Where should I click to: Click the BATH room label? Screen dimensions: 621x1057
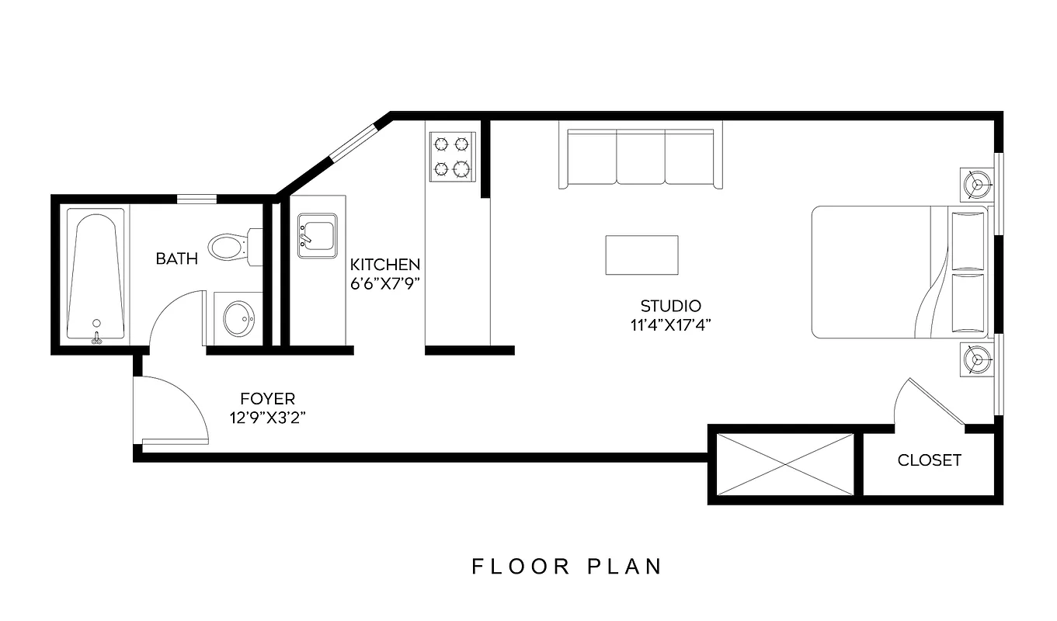coord(176,258)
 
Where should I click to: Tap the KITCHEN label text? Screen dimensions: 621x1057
coord(385,265)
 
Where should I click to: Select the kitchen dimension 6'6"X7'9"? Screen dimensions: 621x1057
coord(385,283)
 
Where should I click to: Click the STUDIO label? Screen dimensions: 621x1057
coord(670,306)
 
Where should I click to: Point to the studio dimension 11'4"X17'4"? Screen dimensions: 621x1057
coord(671,324)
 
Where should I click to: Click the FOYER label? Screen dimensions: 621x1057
coord(267,399)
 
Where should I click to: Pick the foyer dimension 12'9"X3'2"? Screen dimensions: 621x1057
coord(266,418)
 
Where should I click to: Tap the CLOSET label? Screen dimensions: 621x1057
coord(929,460)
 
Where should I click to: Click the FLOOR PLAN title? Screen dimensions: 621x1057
coord(567,566)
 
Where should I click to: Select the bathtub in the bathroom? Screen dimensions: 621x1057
coord(96,276)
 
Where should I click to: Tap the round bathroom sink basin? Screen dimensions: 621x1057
coord(238,317)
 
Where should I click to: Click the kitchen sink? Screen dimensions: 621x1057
coord(317,235)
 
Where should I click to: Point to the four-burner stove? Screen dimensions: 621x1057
coord(452,156)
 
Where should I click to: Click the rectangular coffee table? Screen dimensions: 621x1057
coord(642,255)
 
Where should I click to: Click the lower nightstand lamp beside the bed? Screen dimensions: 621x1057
coord(976,359)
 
